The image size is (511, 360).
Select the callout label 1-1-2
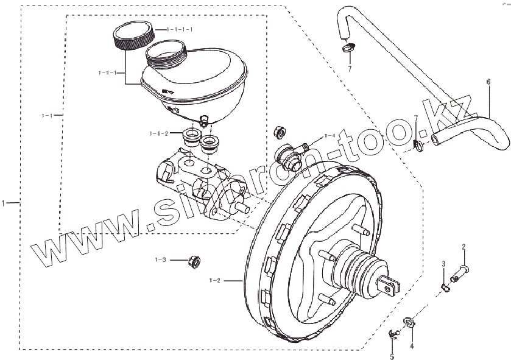(159, 133)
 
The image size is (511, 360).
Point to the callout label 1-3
(160, 259)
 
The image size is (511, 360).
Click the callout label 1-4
(330, 135)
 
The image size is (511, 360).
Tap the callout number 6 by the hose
(488, 81)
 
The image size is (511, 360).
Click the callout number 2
(463, 247)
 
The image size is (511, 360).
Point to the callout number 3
(444, 264)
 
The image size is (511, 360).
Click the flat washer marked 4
(410, 321)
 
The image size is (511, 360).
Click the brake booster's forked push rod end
(389, 284)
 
